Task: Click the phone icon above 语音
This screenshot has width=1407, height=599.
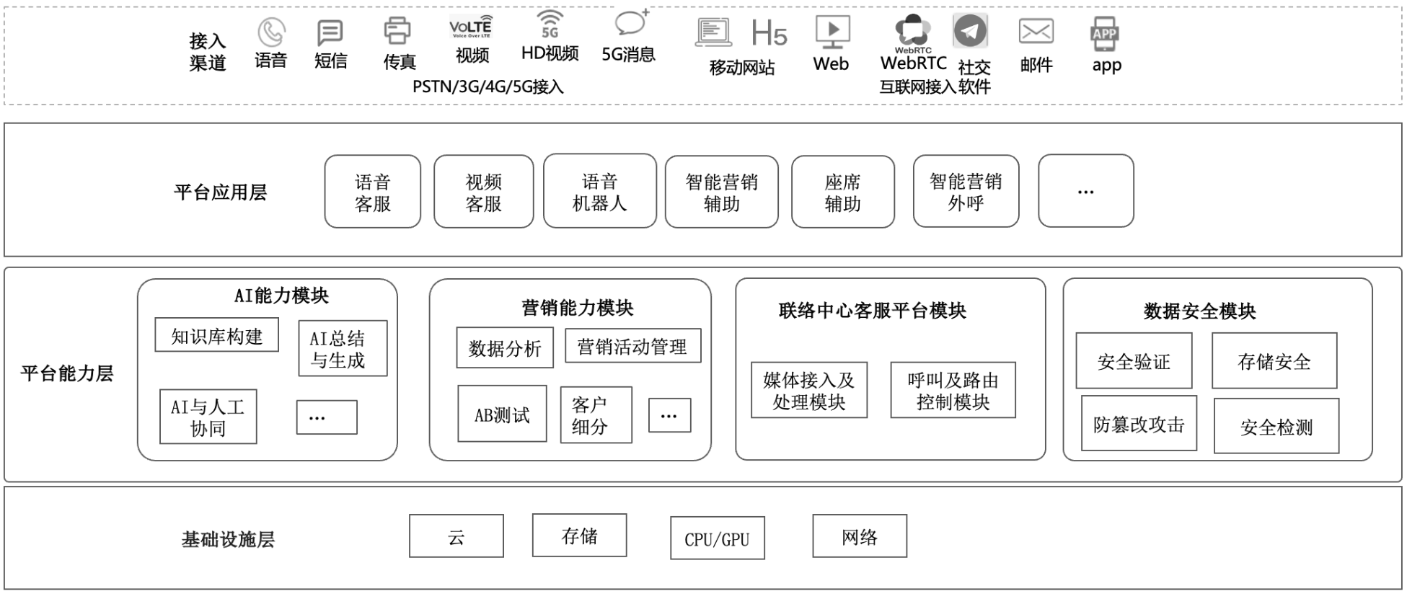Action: tap(271, 32)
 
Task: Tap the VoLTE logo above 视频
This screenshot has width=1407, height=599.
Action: tap(471, 27)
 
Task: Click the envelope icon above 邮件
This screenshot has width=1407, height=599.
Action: tap(1036, 32)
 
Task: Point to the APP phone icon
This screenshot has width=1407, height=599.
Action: tap(1104, 34)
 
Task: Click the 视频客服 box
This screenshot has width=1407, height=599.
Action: tap(484, 192)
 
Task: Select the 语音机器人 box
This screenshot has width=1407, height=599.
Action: tap(600, 191)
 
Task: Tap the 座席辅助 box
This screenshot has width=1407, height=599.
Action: tap(843, 192)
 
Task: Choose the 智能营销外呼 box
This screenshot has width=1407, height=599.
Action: tap(966, 191)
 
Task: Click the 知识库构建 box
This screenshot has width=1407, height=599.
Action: tap(217, 335)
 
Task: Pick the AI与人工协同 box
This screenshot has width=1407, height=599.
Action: tap(208, 417)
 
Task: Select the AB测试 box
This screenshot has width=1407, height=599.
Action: tap(502, 414)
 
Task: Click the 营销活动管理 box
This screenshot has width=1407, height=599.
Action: tap(632, 346)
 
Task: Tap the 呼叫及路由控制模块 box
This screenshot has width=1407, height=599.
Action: tap(953, 390)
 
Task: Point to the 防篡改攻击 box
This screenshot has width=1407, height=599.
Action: tap(1139, 423)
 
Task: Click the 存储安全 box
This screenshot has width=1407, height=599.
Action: tap(1274, 360)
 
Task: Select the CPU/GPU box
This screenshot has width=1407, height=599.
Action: tap(718, 538)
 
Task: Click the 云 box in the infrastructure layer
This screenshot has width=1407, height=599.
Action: tap(456, 536)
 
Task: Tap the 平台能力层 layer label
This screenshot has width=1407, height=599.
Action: tap(67, 373)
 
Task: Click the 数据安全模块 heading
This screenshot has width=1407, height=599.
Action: tap(1200, 311)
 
